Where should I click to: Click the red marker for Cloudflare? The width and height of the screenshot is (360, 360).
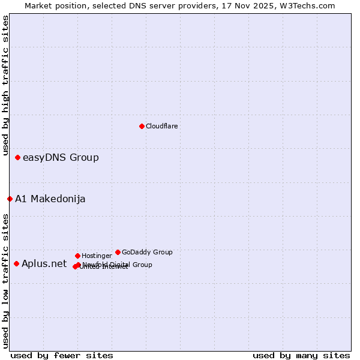pyautogui.click(x=142, y=126)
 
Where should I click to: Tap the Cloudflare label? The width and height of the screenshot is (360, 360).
pyautogui.click(x=161, y=127)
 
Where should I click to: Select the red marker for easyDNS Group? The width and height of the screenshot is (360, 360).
pyautogui.click(x=18, y=158)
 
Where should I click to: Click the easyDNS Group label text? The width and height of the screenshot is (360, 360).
pyautogui.click(x=61, y=158)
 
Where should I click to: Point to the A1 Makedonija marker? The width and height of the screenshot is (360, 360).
pyautogui.click(x=10, y=199)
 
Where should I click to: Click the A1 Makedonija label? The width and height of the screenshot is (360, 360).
pyautogui.click(x=50, y=199)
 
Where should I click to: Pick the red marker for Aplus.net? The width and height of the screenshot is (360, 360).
pyautogui.click(x=17, y=263)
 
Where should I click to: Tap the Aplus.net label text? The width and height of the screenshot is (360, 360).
pyautogui.click(x=44, y=264)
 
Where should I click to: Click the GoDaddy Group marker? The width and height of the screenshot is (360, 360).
pyautogui.click(x=118, y=252)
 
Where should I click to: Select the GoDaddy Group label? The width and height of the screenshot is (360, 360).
pyautogui.click(x=147, y=253)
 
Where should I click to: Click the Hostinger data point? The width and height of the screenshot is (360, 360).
pyautogui.click(x=77, y=256)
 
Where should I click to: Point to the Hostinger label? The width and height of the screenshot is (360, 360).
pyautogui.click(x=97, y=256)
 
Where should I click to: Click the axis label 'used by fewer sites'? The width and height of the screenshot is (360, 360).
pyautogui.click(x=62, y=355)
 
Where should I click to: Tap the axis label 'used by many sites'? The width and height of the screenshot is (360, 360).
pyautogui.click(x=301, y=355)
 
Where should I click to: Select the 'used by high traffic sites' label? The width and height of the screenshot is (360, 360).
pyautogui.click(x=6, y=86)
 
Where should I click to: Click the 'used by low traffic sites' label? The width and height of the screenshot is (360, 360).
pyautogui.click(x=6, y=281)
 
